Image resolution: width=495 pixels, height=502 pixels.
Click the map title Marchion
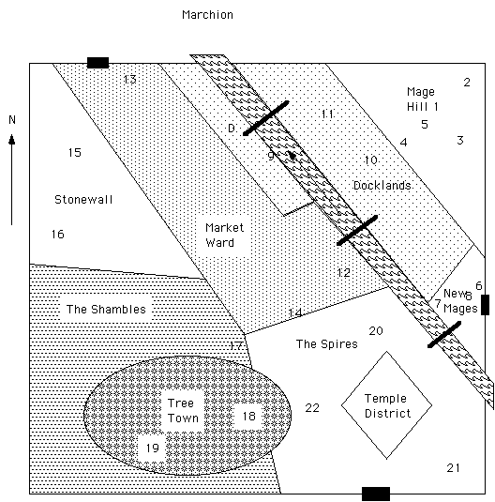point(207,15)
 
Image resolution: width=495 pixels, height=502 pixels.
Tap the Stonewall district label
point(83,200)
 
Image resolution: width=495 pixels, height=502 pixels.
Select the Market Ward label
point(224,235)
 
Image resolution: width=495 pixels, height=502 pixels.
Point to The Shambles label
point(106,310)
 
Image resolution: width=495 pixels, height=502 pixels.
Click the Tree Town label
point(183,410)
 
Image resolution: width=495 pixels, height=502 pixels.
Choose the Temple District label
point(387,405)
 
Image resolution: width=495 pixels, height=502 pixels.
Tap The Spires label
point(326,343)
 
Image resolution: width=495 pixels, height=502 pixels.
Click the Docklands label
point(382,186)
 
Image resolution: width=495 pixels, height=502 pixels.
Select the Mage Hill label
point(420,99)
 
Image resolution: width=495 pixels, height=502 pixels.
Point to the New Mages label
point(460,301)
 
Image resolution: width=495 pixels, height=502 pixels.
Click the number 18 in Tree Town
point(249,417)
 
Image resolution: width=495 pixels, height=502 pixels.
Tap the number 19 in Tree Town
point(153,448)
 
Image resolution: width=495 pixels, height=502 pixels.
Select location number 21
point(453,468)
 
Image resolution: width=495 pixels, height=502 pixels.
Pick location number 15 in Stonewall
point(75,152)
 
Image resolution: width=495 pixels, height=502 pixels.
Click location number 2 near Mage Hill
point(467,83)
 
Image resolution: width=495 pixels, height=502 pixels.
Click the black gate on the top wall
point(97,63)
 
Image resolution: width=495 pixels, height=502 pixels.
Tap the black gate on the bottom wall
point(376,494)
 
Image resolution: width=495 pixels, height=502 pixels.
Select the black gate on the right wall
point(485,305)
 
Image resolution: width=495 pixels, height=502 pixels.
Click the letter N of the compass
point(12,120)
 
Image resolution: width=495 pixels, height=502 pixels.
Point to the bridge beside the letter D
point(266,118)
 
